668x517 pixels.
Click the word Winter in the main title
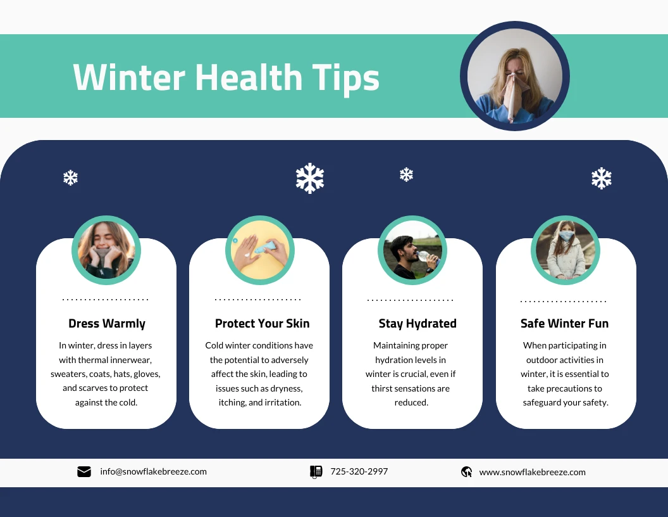pyautogui.click(x=129, y=77)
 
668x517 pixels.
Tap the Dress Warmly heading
pyautogui.click(x=107, y=323)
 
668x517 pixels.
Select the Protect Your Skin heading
pyautogui.click(x=262, y=323)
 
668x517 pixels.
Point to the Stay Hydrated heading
pyautogui.click(x=417, y=323)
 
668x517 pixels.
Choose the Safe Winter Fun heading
pyautogui.click(x=564, y=323)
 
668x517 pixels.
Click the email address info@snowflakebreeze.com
pyautogui.click(x=153, y=471)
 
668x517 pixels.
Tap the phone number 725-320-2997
pyautogui.click(x=359, y=471)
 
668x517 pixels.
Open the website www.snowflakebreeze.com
pyautogui.click(x=532, y=472)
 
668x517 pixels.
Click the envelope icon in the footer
pyautogui.click(x=84, y=471)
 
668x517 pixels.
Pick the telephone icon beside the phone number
pyautogui.click(x=316, y=471)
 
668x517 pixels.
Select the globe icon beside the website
pyautogui.click(x=467, y=471)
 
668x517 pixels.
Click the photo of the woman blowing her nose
pyautogui.click(x=514, y=76)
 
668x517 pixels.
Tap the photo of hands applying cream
pyautogui.click(x=259, y=250)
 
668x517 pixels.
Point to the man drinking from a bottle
pyautogui.click(x=412, y=250)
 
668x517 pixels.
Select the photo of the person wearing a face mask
pyautogui.click(x=565, y=250)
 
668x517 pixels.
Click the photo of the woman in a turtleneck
pyautogui.click(x=106, y=250)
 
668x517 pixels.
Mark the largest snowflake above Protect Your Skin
pyautogui.click(x=310, y=178)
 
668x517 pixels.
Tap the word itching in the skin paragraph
pyautogui.click(x=233, y=402)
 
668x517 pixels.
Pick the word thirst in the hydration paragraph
pyautogui.click(x=385, y=388)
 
